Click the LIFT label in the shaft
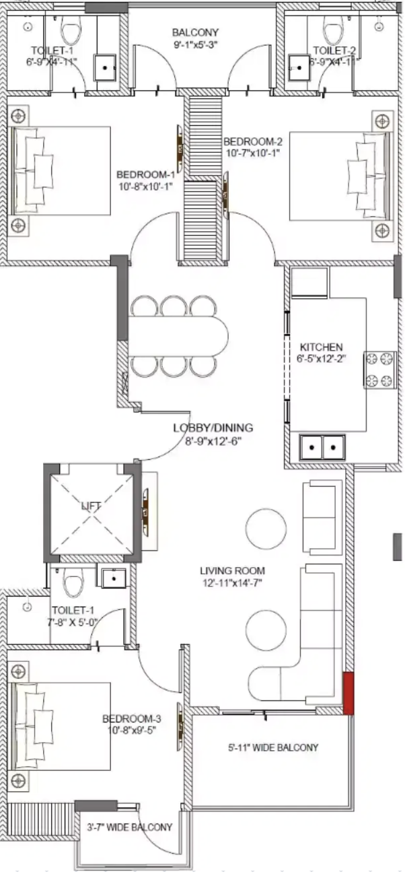[x=91, y=504]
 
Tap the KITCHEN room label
[x=321, y=347]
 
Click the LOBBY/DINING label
[x=213, y=428]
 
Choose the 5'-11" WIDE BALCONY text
[x=273, y=747]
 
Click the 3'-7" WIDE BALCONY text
[x=130, y=827]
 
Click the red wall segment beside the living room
[x=348, y=693]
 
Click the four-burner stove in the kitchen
[x=380, y=370]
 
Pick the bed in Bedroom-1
[x=61, y=171]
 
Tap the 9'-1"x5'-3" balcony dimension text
[x=195, y=44]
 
